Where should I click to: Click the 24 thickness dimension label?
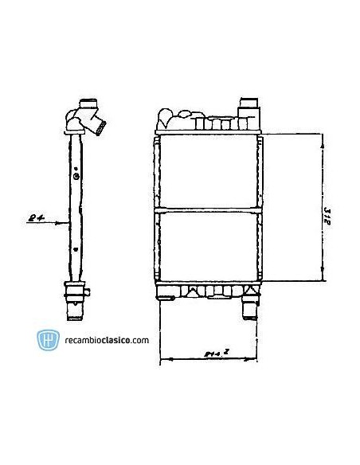pyautogui.click(x=33, y=215)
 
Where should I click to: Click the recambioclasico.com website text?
pyautogui.click(x=106, y=341)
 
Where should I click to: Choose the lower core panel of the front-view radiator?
pyautogui.click(x=209, y=247)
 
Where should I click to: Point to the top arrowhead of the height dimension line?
pyautogui.click(x=322, y=137)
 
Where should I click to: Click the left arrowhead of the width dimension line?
pyautogui.click(x=163, y=361)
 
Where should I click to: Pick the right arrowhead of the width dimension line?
pyautogui.click(x=258, y=361)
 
